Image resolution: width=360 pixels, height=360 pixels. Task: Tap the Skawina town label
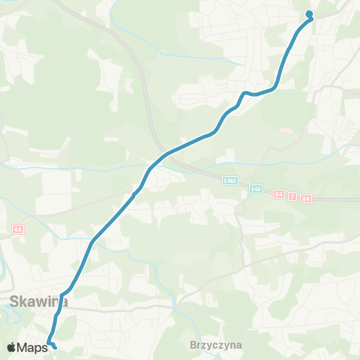pyautogui.click(x=38, y=301)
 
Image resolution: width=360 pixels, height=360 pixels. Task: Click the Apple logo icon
pyautogui.click(x=12, y=347)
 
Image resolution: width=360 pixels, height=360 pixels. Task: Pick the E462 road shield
pyautogui.click(x=229, y=180)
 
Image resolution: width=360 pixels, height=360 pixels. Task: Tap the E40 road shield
pyautogui.click(x=256, y=189)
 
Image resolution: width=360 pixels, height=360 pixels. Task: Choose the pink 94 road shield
pyautogui.click(x=280, y=195)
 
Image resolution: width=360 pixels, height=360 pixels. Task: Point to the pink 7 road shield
pyautogui.click(x=292, y=196)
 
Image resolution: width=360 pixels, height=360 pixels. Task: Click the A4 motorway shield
pyautogui.click(x=305, y=198)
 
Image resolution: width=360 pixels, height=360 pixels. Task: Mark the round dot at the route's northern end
pyautogui.click(x=309, y=13)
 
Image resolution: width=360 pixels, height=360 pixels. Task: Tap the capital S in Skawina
pyautogui.click(x=15, y=301)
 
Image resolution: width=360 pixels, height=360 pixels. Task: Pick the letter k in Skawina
pyautogui.click(x=24, y=301)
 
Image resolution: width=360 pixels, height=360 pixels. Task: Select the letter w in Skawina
pyautogui.click(x=41, y=302)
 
